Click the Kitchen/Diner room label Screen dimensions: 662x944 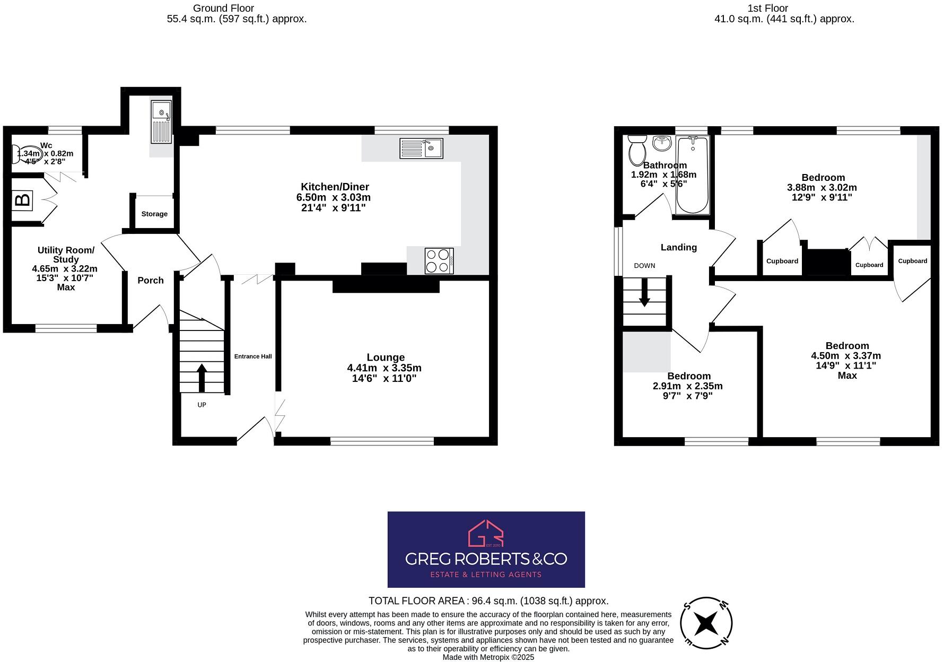click(335, 187)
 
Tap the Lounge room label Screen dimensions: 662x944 click(386, 358)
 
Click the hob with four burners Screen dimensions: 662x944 click(439, 261)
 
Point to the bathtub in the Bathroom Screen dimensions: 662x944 click(692, 175)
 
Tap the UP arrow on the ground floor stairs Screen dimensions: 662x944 click(202, 377)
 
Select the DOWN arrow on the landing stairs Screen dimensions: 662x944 click(644, 293)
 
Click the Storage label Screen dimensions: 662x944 click(154, 214)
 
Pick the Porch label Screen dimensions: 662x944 click(151, 281)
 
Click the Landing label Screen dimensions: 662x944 click(678, 247)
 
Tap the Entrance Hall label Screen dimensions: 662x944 click(253, 356)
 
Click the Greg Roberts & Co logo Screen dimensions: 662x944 click(486, 549)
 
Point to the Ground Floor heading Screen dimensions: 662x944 click(223, 8)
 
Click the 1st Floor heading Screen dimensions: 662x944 click(767, 8)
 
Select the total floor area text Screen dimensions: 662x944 click(488, 601)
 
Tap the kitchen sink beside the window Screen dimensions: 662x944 click(421, 148)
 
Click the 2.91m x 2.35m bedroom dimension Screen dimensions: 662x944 click(687, 386)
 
